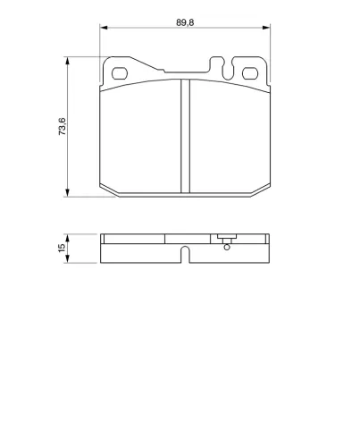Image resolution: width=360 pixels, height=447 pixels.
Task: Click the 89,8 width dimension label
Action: click(x=185, y=22)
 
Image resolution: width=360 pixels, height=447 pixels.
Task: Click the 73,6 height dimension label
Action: click(x=63, y=126)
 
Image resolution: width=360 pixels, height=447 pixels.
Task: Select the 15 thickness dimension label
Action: click(x=62, y=248)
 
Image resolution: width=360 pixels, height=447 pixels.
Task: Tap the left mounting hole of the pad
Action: click(x=120, y=73)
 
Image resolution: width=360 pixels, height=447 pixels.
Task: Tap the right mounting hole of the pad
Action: click(x=250, y=73)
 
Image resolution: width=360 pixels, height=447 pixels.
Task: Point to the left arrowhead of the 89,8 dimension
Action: click(x=104, y=28)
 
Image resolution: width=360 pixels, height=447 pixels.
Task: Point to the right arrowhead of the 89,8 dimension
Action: click(x=266, y=28)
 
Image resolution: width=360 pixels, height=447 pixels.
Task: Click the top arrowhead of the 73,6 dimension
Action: click(x=68, y=61)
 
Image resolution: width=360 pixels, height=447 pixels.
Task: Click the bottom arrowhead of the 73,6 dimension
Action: click(x=68, y=193)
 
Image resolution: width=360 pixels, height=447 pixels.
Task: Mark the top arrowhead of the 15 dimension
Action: click(x=68, y=238)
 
